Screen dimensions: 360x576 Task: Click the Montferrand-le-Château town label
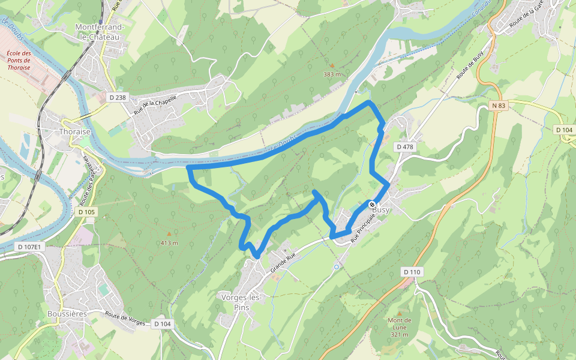100,31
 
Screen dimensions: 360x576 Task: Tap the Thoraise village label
75,132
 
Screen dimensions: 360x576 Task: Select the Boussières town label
67,314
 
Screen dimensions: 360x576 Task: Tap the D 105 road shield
86,212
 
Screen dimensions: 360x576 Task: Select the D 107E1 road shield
29,247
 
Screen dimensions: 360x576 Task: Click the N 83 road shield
498,106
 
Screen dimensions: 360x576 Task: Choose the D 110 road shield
412,272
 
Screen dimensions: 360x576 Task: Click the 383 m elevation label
332,74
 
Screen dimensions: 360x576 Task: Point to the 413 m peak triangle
169,234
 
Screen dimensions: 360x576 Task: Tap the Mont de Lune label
400,327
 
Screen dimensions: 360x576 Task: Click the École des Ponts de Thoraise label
19,61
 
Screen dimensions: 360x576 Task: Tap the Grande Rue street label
283,263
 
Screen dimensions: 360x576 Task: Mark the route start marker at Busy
373,205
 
